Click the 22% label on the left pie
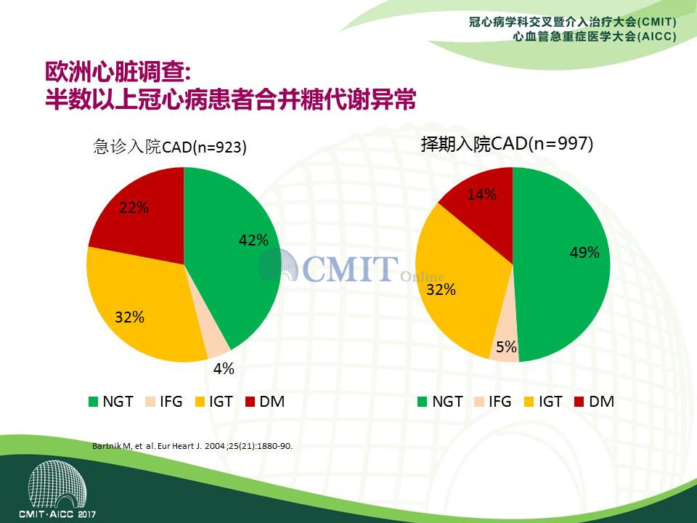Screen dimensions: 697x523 [x=134, y=207]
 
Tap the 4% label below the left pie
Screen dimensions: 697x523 [x=224, y=368]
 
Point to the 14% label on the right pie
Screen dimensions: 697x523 [x=482, y=194]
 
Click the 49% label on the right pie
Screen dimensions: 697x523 [x=585, y=252]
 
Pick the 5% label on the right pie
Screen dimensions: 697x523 [x=506, y=346]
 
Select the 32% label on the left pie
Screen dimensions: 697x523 [x=130, y=317]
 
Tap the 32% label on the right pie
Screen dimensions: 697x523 [x=441, y=290]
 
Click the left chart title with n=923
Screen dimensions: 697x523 [x=170, y=146]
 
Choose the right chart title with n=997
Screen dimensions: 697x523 [x=508, y=144]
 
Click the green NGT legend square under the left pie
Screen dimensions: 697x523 [x=94, y=402]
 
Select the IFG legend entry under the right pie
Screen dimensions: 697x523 [x=493, y=402]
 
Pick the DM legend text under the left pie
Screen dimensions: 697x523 [x=272, y=402]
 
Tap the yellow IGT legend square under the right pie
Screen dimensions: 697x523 [x=529, y=402]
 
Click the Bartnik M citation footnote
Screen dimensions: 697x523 [x=192, y=445]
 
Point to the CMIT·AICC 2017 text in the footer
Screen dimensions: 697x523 [x=57, y=514]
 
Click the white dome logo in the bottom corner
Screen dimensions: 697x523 [x=57, y=485]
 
